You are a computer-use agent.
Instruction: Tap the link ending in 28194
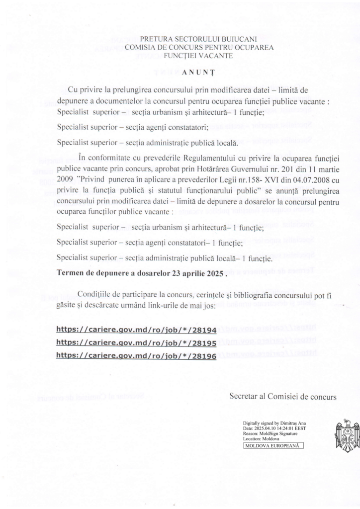click(136, 329)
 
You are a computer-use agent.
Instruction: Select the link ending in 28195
click(136, 342)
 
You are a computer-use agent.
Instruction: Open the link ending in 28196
click(136, 355)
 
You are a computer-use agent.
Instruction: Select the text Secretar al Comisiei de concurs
click(283, 397)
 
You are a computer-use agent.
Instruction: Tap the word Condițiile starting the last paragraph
click(97, 295)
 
